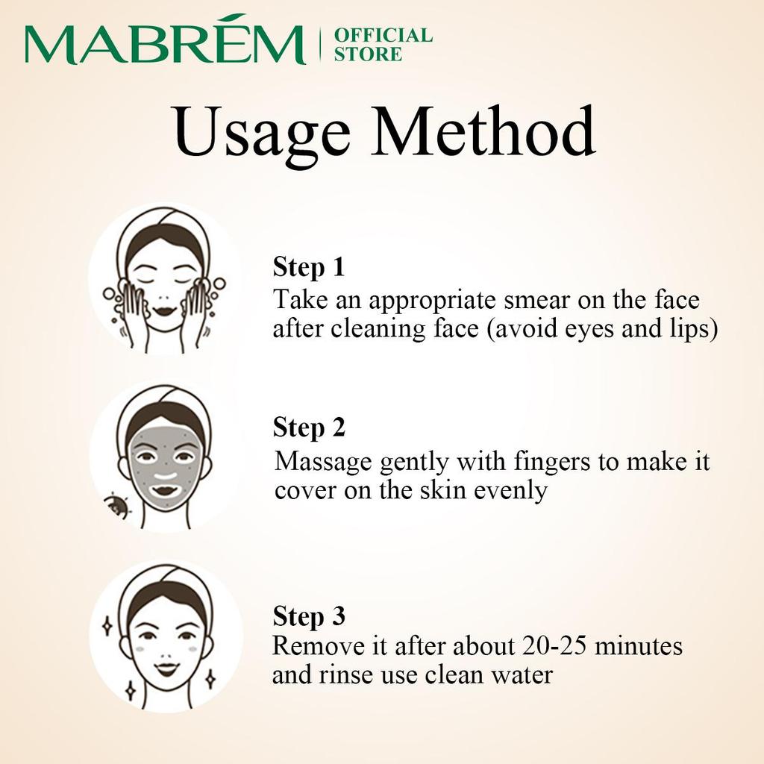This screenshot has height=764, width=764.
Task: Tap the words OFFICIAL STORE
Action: pos(382,45)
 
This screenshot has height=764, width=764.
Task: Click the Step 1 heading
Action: pos(308,267)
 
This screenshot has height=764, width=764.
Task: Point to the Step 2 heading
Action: pos(309,428)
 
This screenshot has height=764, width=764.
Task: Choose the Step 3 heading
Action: pos(309,617)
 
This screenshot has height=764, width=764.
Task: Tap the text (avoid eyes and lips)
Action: pos(602,329)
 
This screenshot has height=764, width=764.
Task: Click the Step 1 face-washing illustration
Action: pos(164,282)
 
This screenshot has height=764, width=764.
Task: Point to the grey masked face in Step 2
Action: pos(164,463)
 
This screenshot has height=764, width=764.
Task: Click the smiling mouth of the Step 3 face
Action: pos(166,667)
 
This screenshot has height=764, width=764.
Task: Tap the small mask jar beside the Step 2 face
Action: pos(116,508)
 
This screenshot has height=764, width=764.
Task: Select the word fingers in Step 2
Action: pos(550,462)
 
